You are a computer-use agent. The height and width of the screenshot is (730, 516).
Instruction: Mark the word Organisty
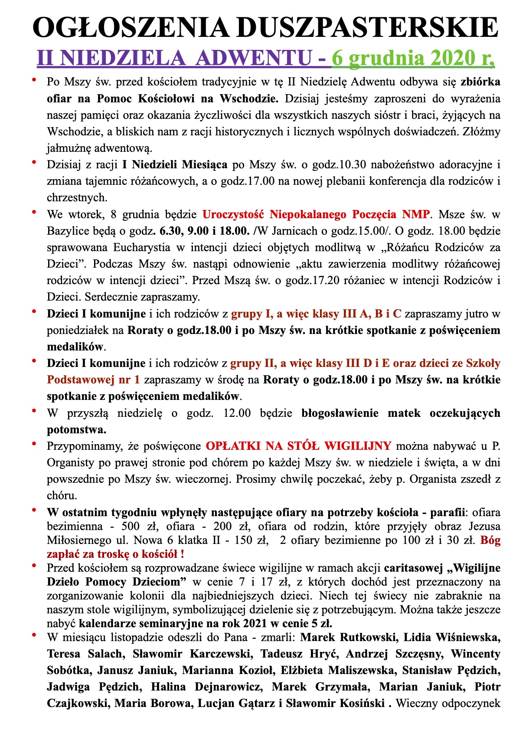click(x=70, y=462)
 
